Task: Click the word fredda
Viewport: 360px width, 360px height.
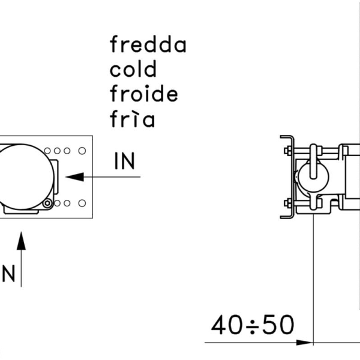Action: click(x=148, y=44)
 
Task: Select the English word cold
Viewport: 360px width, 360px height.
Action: click(x=133, y=68)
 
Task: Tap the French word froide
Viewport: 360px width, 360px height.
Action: click(x=144, y=93)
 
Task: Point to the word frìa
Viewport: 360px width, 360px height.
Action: click(x=132, y=118)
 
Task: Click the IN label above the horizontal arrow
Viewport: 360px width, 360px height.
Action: click(x=124, y=161)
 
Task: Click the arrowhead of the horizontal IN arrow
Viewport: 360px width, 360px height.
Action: click(x=74, y=177)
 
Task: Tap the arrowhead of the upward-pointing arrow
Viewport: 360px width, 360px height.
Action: click(x=21, y=241)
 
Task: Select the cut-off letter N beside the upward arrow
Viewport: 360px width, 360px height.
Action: click(x=8, y=273)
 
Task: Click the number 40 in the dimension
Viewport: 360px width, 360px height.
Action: click(x=227, y=325)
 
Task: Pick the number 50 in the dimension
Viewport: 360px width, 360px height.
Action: click(x=278, y=325)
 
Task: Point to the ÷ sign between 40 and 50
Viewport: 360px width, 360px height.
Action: click(x=253, y=326)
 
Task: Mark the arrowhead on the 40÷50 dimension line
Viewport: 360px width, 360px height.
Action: click(x=305, y=343)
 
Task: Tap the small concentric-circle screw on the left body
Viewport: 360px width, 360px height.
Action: click(x=47, y=203)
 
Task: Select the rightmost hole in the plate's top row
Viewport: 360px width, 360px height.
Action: click(x=82, y=151)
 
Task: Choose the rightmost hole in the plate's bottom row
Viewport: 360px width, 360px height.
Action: click(x=82, y=203)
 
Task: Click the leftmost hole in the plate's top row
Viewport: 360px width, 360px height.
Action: click(x=47, y=151)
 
